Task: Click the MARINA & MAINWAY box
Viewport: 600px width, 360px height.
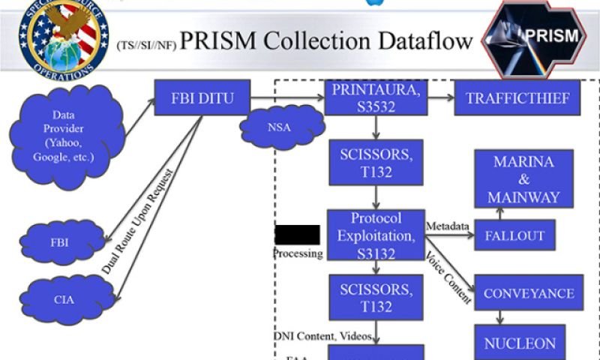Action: (x=523, y=178)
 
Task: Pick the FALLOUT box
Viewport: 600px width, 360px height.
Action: (x=514, y=235)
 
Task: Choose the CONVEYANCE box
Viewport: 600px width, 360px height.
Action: (x=529, y=292)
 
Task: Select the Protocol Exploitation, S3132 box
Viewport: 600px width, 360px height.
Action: (x=376, y=235)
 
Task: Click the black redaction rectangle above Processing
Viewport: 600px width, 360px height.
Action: (x=297, y=234)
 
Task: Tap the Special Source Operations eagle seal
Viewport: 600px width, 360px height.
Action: (x=64, y=38)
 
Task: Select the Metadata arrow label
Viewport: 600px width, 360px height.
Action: (x=448, y=226)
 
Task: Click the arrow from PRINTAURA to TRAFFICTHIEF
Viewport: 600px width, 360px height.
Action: (x=440, y=97)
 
